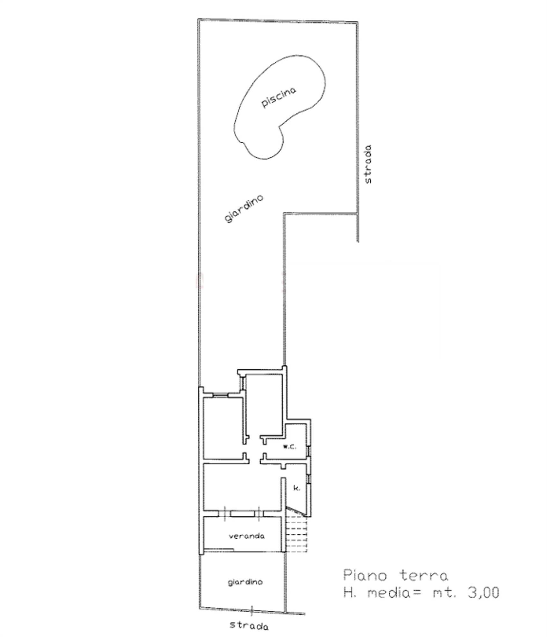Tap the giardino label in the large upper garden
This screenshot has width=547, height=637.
(244, 209)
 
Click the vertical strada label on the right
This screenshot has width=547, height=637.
(368, 164)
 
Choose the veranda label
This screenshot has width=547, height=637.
(246, 536)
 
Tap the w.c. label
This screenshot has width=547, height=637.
(289, 447)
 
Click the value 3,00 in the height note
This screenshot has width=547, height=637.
(483, 593)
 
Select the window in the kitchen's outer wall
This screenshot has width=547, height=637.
(309, 478)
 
